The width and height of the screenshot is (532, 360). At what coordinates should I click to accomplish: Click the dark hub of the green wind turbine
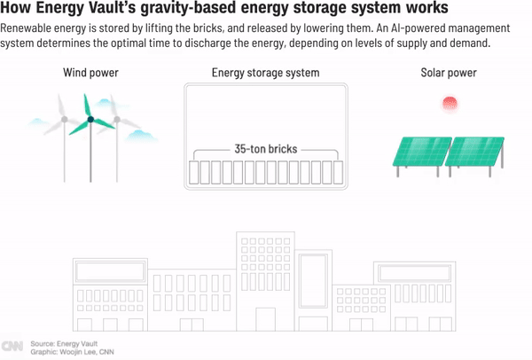tap(90, 119)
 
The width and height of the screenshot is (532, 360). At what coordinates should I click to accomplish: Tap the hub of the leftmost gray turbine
tap(63, 115)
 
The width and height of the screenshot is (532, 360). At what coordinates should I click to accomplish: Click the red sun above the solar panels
tap(449, 105)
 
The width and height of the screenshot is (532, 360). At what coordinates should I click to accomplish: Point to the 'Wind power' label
tap(90, 73)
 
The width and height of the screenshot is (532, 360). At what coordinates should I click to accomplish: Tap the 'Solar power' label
tap(449, 73)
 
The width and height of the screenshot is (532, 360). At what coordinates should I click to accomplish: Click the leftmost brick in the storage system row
tap(197, 170)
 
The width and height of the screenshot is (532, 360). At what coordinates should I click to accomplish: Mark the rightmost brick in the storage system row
tap(338, 170)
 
